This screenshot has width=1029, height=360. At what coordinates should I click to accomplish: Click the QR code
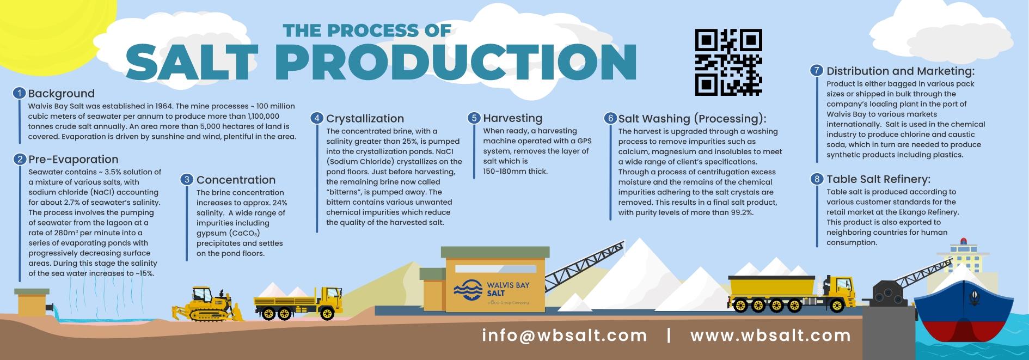tap(728, 63)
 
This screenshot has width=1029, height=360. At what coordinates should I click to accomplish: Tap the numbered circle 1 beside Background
tap(20, 93)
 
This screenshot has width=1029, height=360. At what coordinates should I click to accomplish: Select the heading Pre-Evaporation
tap(73, 160)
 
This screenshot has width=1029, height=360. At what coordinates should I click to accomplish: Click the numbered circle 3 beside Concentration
tap(187, 180)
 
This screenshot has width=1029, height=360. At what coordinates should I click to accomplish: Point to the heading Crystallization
tap(365, 119)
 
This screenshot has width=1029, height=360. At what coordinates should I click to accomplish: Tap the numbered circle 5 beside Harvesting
tap(474, 118)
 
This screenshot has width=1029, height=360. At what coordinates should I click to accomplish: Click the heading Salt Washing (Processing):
tap(693, 119)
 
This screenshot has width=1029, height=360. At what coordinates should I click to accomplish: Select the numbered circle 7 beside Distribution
tap(817, 71)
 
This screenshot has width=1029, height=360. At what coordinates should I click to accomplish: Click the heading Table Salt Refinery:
tap(879, 179)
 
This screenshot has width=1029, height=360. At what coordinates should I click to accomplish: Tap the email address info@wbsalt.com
tap(565, 335)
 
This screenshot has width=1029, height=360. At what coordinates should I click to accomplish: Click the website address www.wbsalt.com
tap(771, 335)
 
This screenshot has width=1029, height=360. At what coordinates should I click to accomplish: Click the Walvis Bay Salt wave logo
tap(468, 290)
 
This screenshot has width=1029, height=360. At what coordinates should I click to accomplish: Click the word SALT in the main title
tap(192, 62)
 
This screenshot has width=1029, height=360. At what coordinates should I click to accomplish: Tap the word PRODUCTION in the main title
tap(456, 62)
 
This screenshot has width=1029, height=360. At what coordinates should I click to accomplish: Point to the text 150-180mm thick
tap(516, 172)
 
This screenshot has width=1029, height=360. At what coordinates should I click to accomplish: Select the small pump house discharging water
tap(33, 303)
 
